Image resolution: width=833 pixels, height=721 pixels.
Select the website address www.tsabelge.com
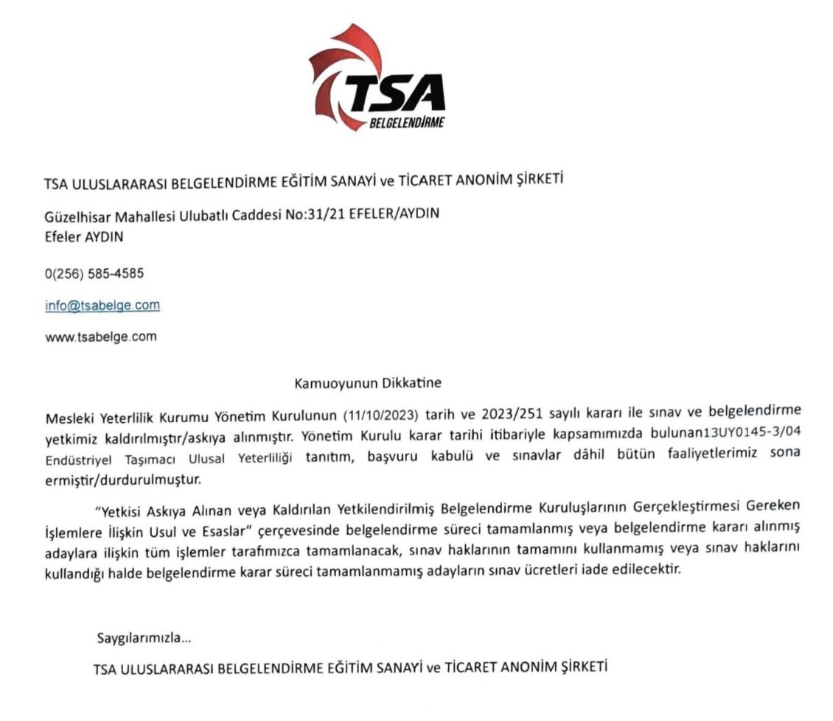click(101, 337)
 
